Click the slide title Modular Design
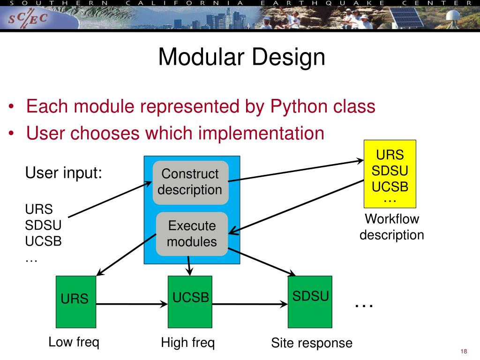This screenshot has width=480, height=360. [241, 57]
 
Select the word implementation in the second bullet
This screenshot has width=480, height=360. [262, 134]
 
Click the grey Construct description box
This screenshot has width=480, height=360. [190, 182]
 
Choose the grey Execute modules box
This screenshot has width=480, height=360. [192, 234]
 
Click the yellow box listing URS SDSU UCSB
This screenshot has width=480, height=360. [390, 173]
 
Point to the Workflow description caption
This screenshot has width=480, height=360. [391, 227]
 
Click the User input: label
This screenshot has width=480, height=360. [63, 172]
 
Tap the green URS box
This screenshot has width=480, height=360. [75, 301]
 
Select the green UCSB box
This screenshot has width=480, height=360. [190, 301]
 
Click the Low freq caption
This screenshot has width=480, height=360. [74, 342]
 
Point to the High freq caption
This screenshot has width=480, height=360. [187, 343]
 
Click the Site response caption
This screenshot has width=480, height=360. [311, 343]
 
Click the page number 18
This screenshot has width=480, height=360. [465, 352]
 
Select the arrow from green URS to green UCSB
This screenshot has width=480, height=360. [132, 304]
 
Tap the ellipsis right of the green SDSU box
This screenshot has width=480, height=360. [364, 305]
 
